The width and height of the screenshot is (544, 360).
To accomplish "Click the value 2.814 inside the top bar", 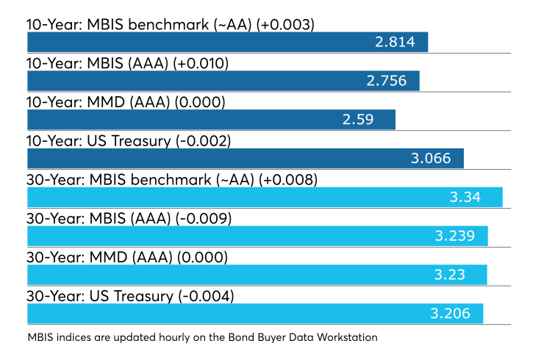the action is pos(395,42).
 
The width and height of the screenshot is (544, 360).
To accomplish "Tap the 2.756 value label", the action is pos(387,81).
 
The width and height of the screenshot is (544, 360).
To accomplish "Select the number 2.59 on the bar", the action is pos(358,120).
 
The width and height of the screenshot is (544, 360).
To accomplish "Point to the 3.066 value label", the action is pos(431,159).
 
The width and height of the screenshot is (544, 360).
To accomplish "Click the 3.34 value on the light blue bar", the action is pos(465,198).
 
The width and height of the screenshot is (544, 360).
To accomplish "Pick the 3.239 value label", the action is pos(455,236).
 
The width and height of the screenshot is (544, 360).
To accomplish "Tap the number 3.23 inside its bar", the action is pos(450,275).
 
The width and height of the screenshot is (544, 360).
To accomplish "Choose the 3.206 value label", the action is pos(451,314).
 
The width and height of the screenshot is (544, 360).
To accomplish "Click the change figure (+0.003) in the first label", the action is pos(285,25).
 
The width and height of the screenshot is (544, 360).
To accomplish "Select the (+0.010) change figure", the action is pos(201,64).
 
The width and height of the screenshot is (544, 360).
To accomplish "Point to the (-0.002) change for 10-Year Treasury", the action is pos(204,142).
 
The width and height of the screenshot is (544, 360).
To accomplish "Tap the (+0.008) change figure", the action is pos(288,180).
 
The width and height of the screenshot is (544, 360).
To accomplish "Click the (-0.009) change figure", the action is pos(204,219).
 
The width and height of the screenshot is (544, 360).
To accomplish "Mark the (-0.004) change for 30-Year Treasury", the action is pos(206,297).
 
